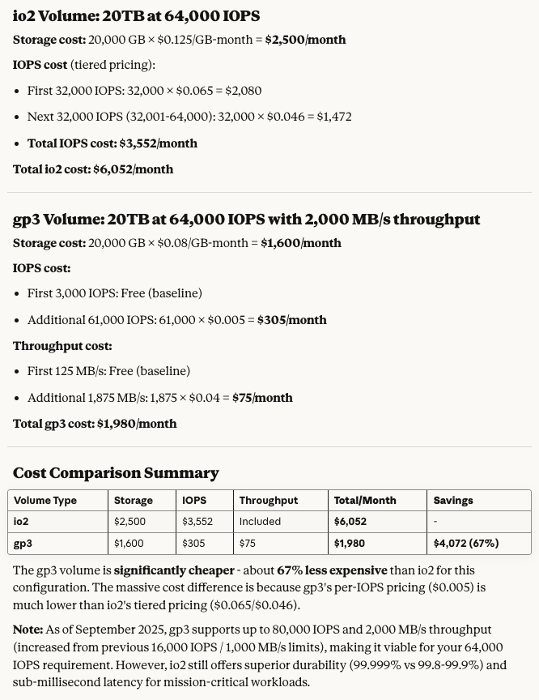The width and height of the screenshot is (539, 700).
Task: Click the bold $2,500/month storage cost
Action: [305, 40]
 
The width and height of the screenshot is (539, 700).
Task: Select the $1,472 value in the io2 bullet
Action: [333, 117]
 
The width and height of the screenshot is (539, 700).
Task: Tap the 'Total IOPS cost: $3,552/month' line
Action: [112, 143]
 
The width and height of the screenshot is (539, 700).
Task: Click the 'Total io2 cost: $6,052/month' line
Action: [93, 169]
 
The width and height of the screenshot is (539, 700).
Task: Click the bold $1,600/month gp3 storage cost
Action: [300, 243]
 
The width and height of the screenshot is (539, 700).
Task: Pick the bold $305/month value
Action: [291, 320]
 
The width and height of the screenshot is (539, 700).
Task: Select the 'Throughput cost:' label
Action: [62, 346]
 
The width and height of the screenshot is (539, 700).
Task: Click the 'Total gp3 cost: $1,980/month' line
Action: [95, 424]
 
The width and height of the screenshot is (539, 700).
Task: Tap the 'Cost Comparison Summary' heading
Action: [116, 473]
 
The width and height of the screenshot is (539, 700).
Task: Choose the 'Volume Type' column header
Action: [45, 501]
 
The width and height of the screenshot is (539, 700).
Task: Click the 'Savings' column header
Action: [453, 501]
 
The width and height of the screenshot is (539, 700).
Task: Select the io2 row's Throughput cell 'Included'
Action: [260, 522]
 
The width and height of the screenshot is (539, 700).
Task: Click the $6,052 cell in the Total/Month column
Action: [350, 522]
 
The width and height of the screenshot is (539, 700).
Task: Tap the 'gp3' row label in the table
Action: [23, 544]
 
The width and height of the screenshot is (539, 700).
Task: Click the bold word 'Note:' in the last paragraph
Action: [28, 630]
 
